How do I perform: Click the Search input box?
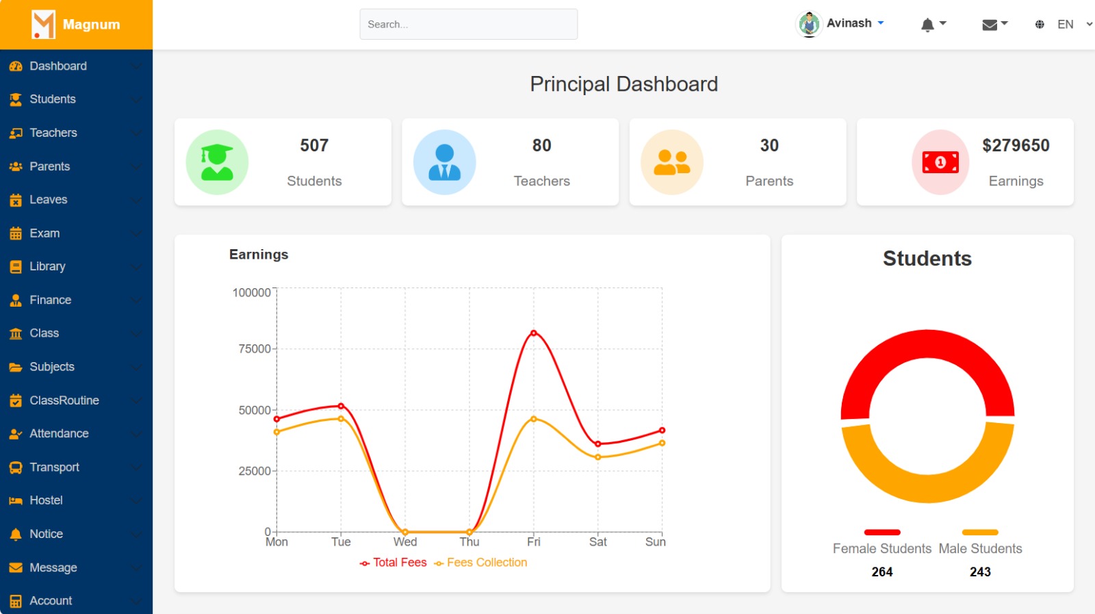coord(468,24)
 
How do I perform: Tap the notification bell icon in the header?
coord(927,25)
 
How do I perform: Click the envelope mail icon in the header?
coord(989,25)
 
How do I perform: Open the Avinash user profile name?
coord(849,23)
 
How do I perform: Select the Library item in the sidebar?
coord(47,266)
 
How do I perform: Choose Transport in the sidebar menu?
coord(54,468)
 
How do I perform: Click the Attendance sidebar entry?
coord(59,434)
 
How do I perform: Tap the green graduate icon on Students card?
coord(217,162)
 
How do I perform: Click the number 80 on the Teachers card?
coord(541,146)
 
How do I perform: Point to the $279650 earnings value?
coord(1016,146)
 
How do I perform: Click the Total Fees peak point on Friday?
coord(534,333)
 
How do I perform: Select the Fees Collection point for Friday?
coord(534,419)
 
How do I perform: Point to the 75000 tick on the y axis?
coord(255,349)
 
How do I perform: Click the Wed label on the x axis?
coord(405,542)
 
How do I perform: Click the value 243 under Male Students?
coord(980,572)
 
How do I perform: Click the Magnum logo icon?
coord(43,25)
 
